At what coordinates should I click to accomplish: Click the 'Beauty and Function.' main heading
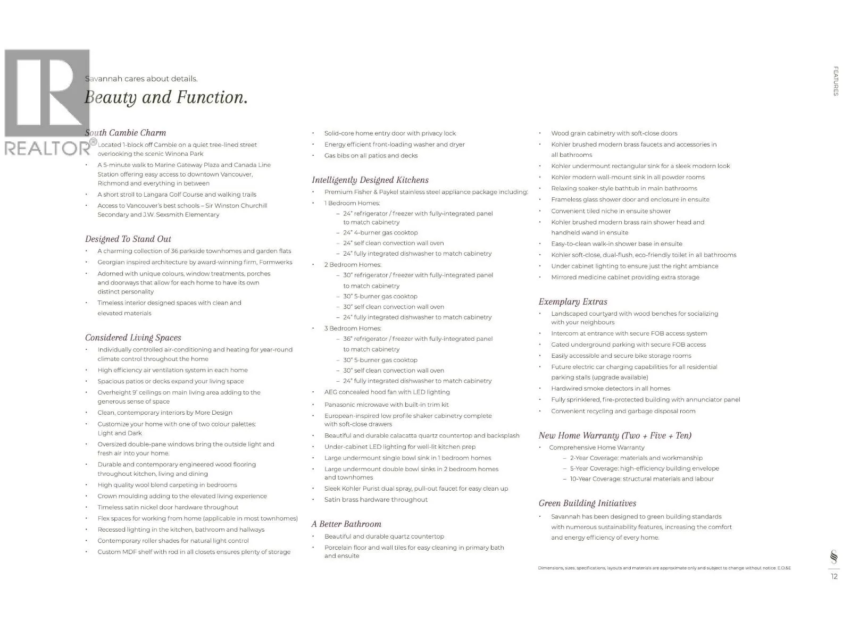click(166, 98)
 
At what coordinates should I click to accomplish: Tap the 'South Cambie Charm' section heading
click(126, 133)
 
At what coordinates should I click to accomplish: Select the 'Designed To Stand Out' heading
click(128, 239)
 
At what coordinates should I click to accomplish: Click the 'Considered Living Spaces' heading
click(133, 338)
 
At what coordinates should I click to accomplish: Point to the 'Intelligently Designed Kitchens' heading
click(370, 180)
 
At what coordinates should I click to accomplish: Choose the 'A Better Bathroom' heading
click(346, 524)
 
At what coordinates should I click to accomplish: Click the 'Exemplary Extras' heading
click(572, 302)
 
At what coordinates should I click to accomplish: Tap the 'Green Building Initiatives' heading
click(587, 503)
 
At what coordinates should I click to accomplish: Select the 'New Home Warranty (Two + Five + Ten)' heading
click(615, 436)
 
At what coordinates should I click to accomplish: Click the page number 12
click(834, 576)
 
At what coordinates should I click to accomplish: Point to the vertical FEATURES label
click(836, 81)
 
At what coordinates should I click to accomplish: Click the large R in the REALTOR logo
click(47, 93)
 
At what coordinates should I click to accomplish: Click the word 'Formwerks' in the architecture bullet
click(276, 262)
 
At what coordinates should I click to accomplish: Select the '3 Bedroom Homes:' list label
click(353, 329)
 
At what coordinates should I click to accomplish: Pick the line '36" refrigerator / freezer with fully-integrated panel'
click(418, 339)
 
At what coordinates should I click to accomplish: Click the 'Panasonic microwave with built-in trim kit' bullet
click(386, 405)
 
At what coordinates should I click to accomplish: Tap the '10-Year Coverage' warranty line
click(641, 479)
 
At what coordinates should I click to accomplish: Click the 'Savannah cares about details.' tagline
click(141, 79)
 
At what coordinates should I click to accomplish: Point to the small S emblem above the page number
click(833, 557)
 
